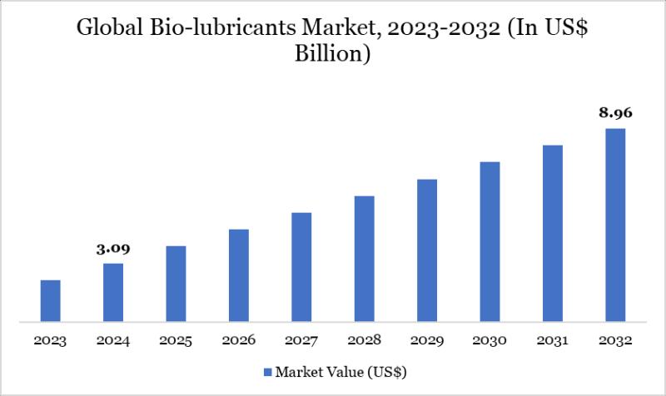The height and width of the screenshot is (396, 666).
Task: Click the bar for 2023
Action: click(50, 300)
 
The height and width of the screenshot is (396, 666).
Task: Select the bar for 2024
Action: click(113, 292)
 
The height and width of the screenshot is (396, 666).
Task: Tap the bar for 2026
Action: click(238, 275)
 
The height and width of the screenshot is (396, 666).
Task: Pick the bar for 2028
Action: click(364, 258)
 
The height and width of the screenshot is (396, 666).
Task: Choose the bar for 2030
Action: click(490, 241)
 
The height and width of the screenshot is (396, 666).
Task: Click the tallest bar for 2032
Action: click(615, 225)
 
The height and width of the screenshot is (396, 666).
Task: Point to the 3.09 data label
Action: click(113, 249)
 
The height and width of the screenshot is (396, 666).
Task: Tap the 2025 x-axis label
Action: click(176, 341)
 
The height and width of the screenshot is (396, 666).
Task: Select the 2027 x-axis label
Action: click(301, 341)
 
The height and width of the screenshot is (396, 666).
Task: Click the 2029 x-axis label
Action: click(427, 341)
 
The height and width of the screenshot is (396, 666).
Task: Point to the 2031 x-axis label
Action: click(553, 341)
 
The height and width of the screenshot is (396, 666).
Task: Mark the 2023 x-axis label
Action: click(50, 341)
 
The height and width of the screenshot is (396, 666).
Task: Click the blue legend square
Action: click(266, 370)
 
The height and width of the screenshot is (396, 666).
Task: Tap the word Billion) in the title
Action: click(332, 55)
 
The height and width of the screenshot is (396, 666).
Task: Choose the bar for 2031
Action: click(553, 233)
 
